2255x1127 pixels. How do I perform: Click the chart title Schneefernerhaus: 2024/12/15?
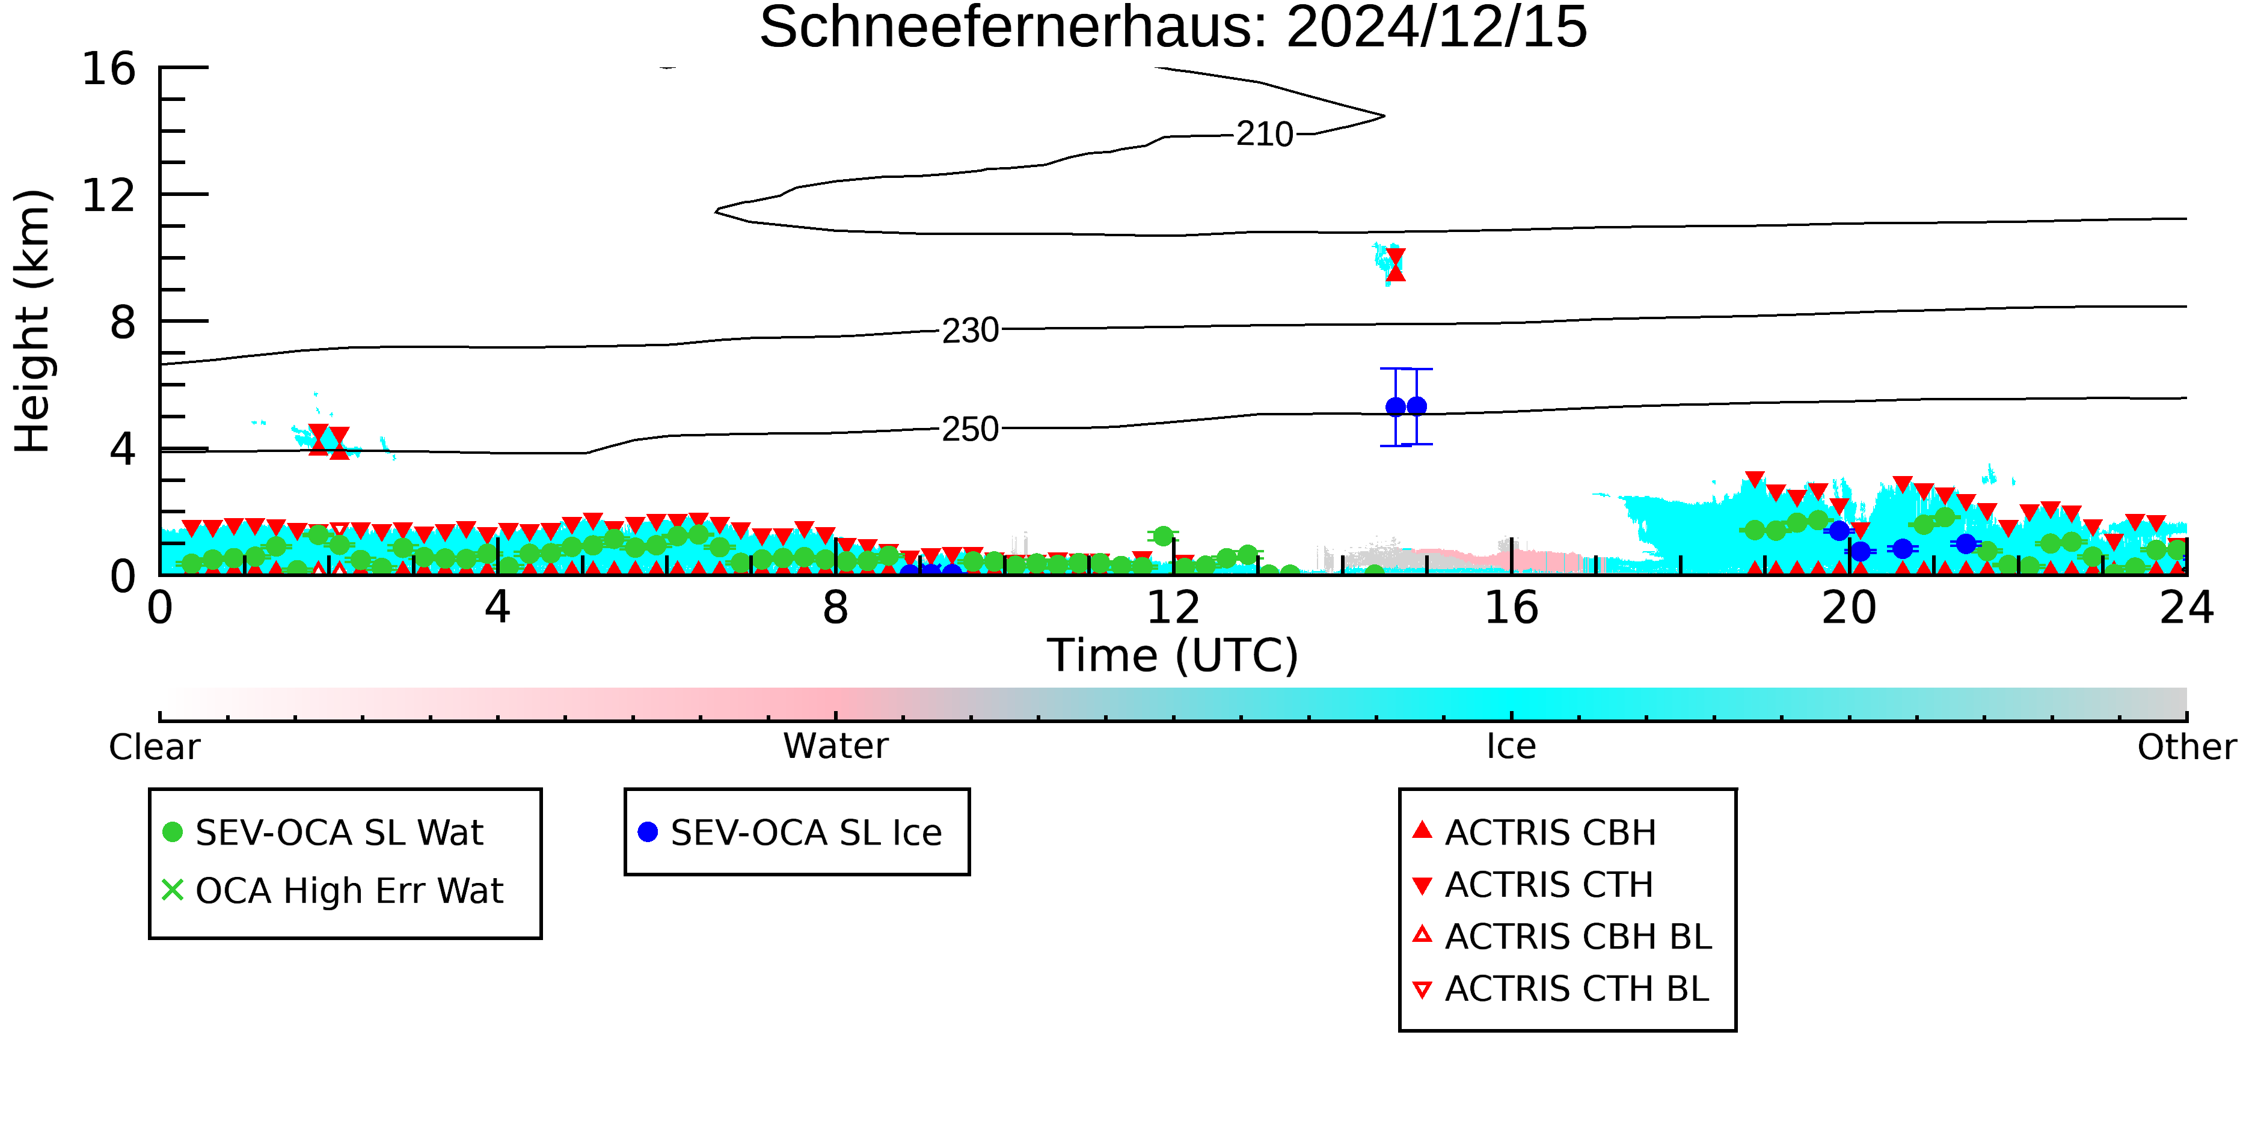(1173, 28)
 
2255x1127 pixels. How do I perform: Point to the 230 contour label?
(970, 331)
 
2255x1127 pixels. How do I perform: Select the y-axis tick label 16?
(109, 69)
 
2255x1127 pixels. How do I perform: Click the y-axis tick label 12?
(109, 195)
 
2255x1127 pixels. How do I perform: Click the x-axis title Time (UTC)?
(1173, 655)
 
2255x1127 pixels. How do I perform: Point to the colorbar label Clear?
(154, 747)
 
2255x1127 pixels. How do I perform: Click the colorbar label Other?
(2186, 747)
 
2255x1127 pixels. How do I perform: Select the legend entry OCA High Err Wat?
(333, 891)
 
